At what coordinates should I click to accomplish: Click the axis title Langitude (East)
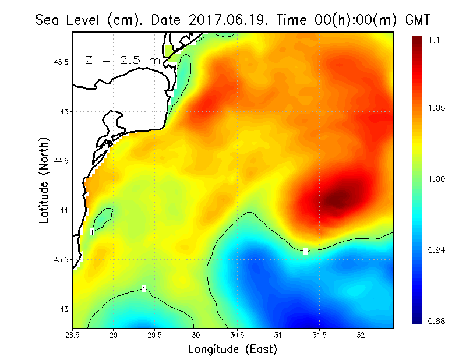click(x=232, y=349)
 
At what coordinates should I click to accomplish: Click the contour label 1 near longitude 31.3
click(x=306, y=251)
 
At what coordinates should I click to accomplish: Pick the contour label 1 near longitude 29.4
click(x=144, y=289)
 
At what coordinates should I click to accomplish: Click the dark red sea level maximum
click(x=338, y=199)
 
